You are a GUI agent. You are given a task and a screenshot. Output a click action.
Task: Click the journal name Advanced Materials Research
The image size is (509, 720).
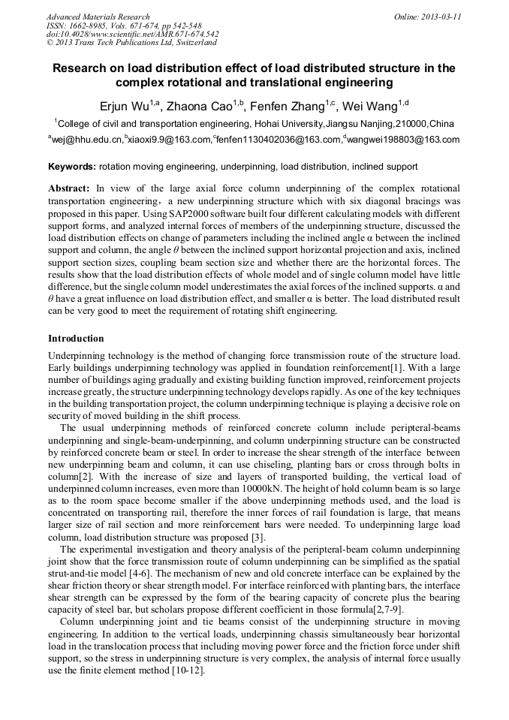click(x=98, y=17)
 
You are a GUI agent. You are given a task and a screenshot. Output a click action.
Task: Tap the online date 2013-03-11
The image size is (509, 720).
click(x=441, y=17)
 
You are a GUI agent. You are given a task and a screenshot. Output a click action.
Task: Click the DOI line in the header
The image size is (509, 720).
click(x=132, y=34)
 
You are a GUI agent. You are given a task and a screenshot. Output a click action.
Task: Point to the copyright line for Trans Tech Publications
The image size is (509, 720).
click(x=131, y=43)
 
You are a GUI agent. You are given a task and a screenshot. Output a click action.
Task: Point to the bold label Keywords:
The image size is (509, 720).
click(x=72, y=166)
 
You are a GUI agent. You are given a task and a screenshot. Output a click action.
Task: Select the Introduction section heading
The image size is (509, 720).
click(x=76, y=339)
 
